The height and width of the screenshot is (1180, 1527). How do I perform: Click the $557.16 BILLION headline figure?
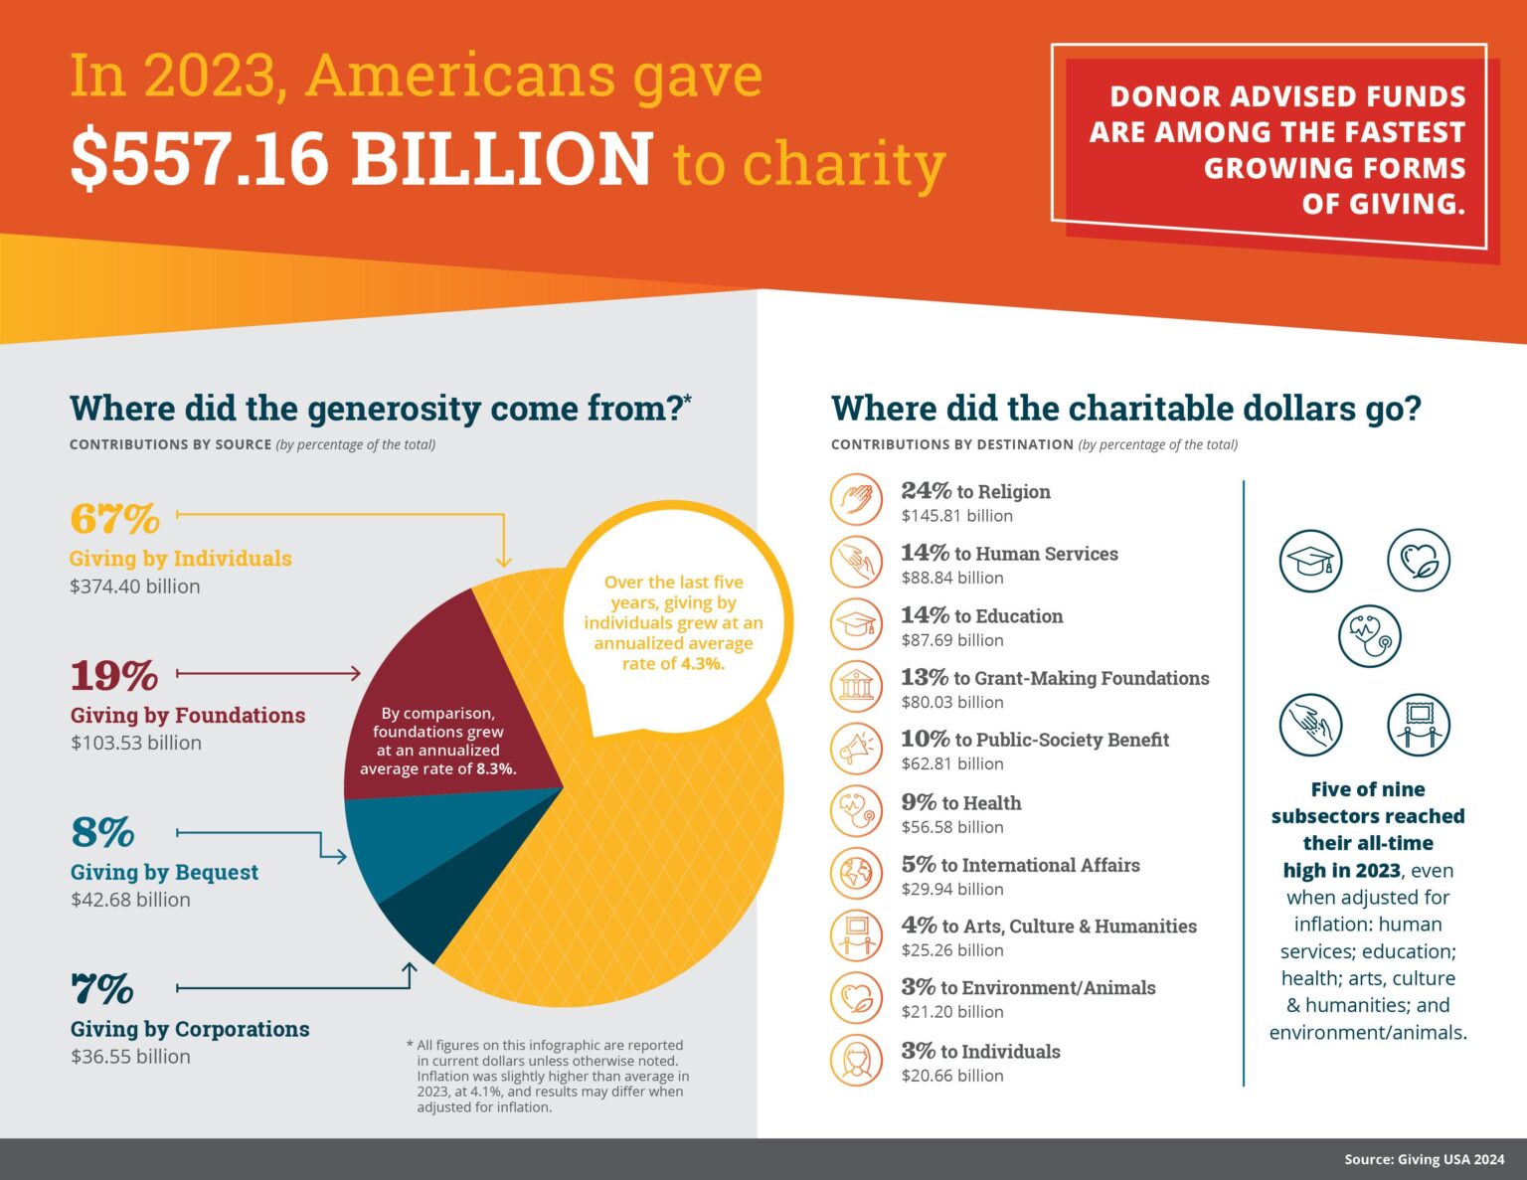361,159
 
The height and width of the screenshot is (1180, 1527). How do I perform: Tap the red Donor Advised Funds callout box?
1277,149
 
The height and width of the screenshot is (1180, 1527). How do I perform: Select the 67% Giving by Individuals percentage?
114,518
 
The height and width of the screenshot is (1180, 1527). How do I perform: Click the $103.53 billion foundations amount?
136,743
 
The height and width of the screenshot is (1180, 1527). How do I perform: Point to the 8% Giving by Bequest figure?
102,832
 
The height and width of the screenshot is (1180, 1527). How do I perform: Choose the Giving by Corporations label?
190,1029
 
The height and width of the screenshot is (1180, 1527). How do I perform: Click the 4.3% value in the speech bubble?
702,664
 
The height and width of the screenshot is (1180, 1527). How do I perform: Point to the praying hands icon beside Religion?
855,499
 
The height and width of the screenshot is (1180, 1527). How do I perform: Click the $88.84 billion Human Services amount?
952,578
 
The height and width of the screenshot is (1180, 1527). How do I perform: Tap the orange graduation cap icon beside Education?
855,623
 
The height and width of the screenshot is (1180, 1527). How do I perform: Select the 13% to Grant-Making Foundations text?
1055,678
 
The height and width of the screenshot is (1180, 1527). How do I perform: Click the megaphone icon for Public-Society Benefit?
855,749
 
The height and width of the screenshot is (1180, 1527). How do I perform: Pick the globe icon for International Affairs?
855,873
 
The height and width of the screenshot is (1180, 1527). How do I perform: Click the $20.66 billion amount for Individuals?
952,1076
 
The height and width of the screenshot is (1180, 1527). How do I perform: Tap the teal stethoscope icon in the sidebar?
1369,636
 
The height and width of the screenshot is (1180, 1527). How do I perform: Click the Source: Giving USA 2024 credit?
1424,1159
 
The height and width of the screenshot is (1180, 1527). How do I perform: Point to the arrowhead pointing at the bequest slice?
341,856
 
